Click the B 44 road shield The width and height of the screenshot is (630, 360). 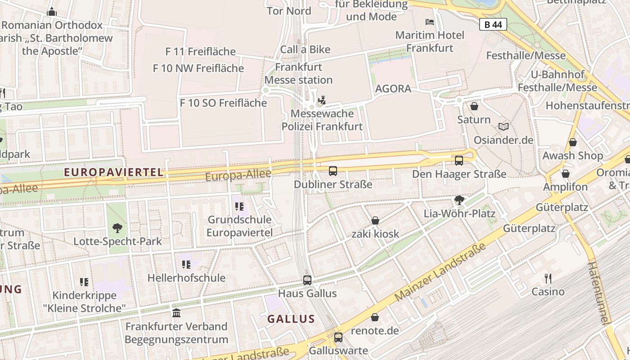click(x=493, y=24)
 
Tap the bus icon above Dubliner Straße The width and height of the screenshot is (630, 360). click(x=333, y=171)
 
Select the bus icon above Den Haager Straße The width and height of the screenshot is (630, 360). click(x=459, y=161)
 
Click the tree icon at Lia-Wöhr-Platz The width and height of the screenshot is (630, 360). click(x=459, y=200)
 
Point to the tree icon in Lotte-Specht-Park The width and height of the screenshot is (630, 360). click(x=117, y=228)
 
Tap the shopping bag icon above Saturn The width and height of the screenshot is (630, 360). click(x=474, y=106)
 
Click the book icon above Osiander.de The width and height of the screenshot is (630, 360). click(x=504, y=127)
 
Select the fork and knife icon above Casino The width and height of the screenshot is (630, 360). click(x=548, y=279)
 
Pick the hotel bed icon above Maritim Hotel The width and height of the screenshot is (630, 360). click(x=430, y=22)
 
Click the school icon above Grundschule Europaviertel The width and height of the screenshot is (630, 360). click(x=239, y=207)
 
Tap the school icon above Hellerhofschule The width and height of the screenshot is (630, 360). click(x=186, y=265)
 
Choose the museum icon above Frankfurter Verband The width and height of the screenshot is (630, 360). click(x=176, y=313)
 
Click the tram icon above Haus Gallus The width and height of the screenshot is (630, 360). click(x=307, y=280)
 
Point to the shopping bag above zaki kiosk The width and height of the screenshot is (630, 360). click(x=375, y=220)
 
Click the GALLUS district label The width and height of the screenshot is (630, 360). click(x=291, y=319)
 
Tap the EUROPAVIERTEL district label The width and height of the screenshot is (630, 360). click(x=113, y=172)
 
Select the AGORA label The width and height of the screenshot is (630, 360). click(x=393, y=89)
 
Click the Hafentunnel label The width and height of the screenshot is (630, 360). click(x=598, y=292)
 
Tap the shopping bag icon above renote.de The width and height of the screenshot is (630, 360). click(x=375, y=318)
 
